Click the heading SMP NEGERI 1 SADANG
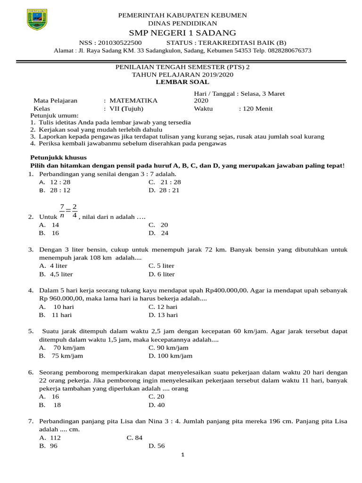182,33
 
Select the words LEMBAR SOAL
182,82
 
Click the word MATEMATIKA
133,100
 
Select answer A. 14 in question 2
49,225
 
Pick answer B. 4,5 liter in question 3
56,274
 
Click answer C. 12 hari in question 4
163,307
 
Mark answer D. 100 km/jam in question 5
170,356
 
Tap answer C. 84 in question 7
134,438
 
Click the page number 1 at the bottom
182,455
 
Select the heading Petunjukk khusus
58,158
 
